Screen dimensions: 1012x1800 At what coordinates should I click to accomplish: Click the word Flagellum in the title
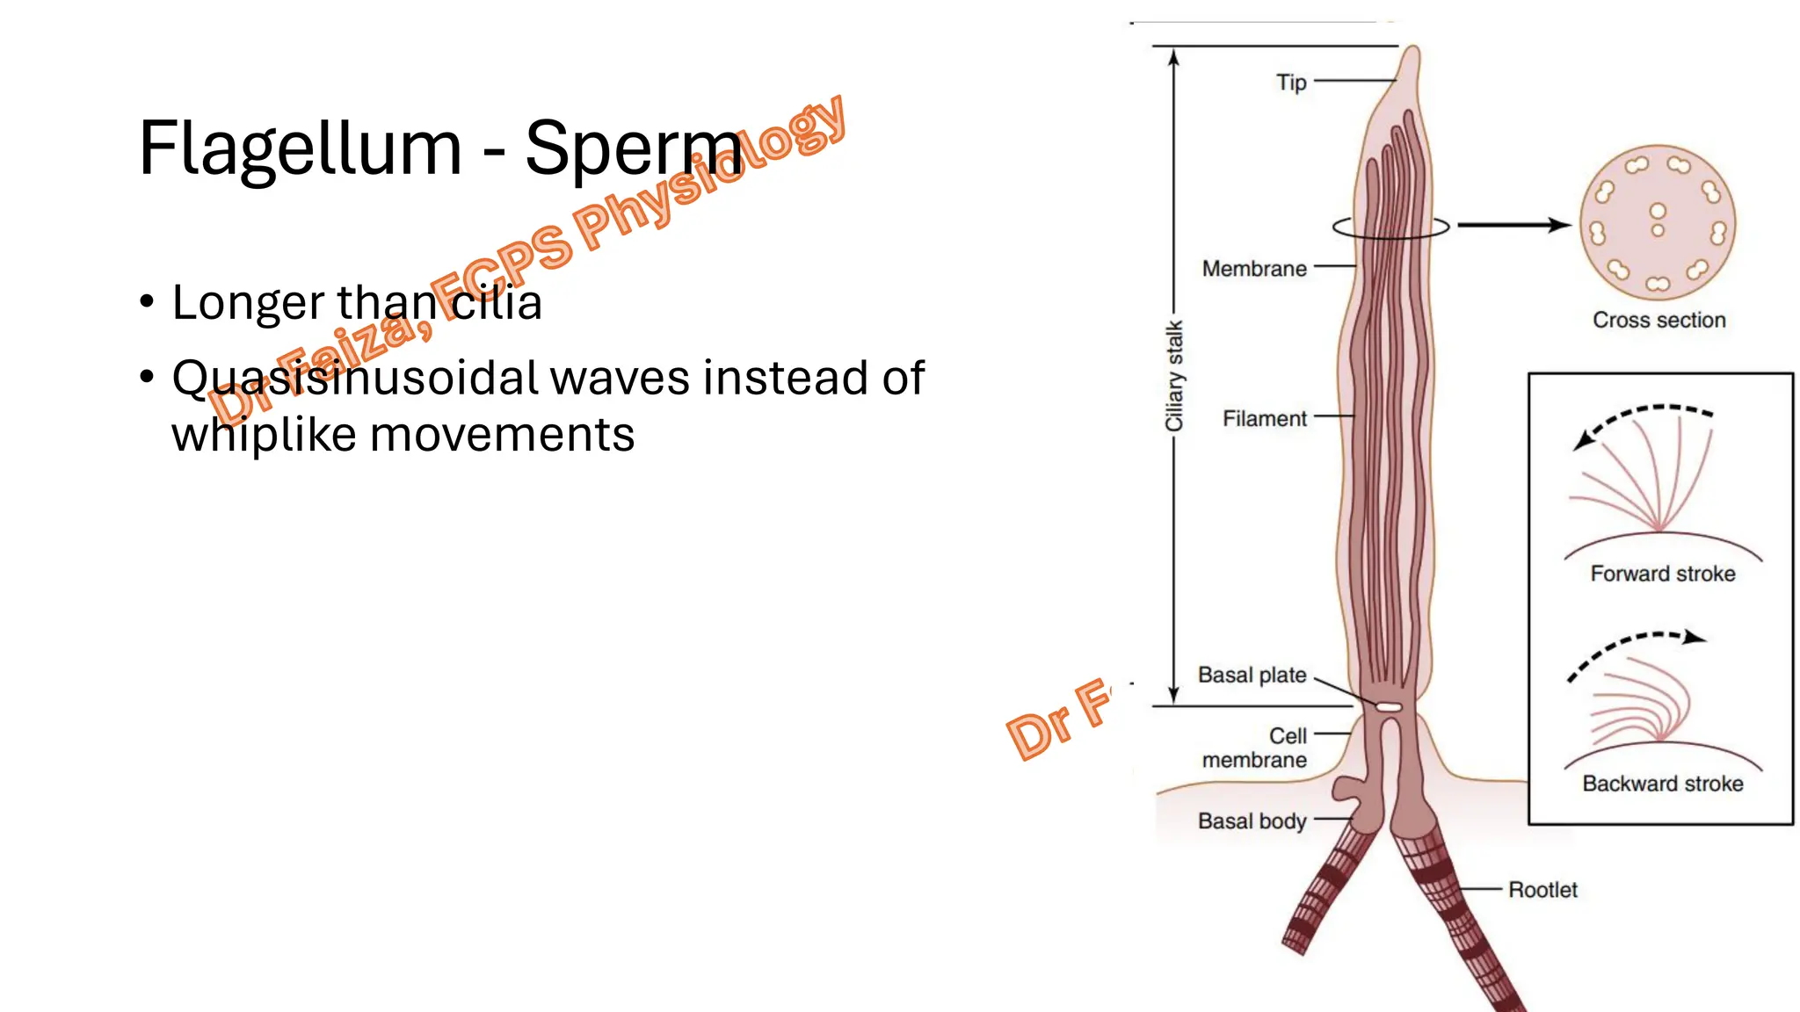pos(300,149)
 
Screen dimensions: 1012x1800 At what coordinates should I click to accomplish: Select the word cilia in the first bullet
pos(497,302)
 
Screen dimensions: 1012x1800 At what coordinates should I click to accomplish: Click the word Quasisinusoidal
pos(355,378)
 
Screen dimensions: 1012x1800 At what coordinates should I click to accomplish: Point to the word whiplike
pos(264,435)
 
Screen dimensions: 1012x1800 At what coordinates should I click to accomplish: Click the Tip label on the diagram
pos(1291,83)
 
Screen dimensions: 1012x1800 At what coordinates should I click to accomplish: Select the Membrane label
pos(1254,269)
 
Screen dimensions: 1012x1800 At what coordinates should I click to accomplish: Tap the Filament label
pos(1265,419)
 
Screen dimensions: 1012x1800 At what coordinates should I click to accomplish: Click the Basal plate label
pos(1252,676)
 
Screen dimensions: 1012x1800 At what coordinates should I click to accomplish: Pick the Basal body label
pos(1252,821)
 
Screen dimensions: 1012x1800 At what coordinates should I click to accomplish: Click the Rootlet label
pos(1542,890)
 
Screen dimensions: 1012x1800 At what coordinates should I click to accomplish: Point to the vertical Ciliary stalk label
pos(1174,376)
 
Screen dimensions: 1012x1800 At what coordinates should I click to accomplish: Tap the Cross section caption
pos(1658,321)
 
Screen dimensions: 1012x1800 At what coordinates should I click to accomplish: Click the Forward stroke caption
pos(1662,575)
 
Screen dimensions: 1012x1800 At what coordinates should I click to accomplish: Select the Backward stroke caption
pos(1662,784)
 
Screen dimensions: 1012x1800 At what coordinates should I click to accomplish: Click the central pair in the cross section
pos(1658,220)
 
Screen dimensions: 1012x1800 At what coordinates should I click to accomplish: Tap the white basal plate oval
pos(1389,707)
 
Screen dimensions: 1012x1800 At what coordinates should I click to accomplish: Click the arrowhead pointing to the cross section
pos(1559,226)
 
